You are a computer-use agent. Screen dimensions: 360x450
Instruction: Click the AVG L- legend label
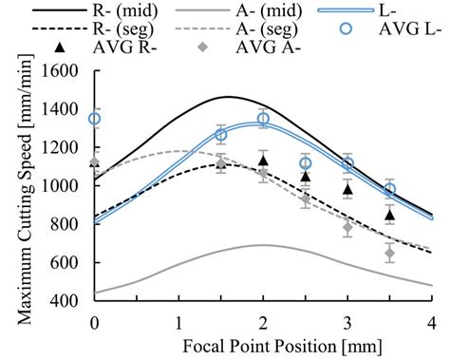408,31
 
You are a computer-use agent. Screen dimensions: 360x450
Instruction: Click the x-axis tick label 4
433,319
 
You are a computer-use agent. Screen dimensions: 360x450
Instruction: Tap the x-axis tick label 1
178,319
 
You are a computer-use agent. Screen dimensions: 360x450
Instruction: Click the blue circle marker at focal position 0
93,119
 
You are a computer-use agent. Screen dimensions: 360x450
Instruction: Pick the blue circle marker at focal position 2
263,119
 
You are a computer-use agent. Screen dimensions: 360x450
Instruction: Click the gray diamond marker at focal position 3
347,228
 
